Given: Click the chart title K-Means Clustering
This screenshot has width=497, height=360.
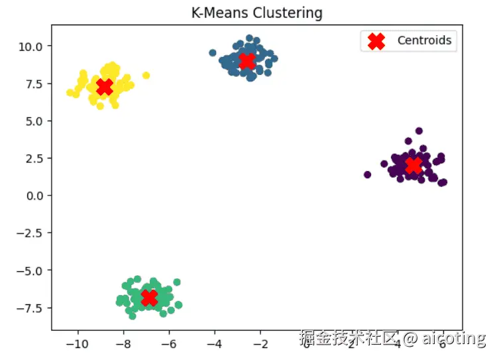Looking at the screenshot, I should [x=256, y=13].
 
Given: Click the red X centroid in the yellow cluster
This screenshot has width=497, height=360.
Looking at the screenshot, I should [x=104, y=87].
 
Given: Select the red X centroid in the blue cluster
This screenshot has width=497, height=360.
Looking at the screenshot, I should [x=247, y=61].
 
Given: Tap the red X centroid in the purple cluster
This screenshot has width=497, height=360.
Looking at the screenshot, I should [x=413, y=165].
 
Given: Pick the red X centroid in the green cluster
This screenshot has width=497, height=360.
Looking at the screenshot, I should [x=149, y=298].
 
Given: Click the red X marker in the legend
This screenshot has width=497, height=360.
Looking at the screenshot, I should [x=376, y=41].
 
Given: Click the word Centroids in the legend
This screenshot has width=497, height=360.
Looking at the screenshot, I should [x=424, y=40].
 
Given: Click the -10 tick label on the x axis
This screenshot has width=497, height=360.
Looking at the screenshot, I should [x=78, y=343].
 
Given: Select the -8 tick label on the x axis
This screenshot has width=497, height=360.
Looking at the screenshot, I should [x=123, y=343].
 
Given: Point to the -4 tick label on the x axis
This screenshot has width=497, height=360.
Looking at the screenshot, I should [x=214, y=343].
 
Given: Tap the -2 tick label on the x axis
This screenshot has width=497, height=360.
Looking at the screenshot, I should [x=260, y=343].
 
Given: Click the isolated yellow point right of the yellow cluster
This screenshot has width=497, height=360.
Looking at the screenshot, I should [x=146, y=76].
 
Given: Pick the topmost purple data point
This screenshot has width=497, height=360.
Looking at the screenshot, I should [x=419, y=131].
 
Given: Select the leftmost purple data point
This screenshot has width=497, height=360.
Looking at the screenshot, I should [x=368, y=174].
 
